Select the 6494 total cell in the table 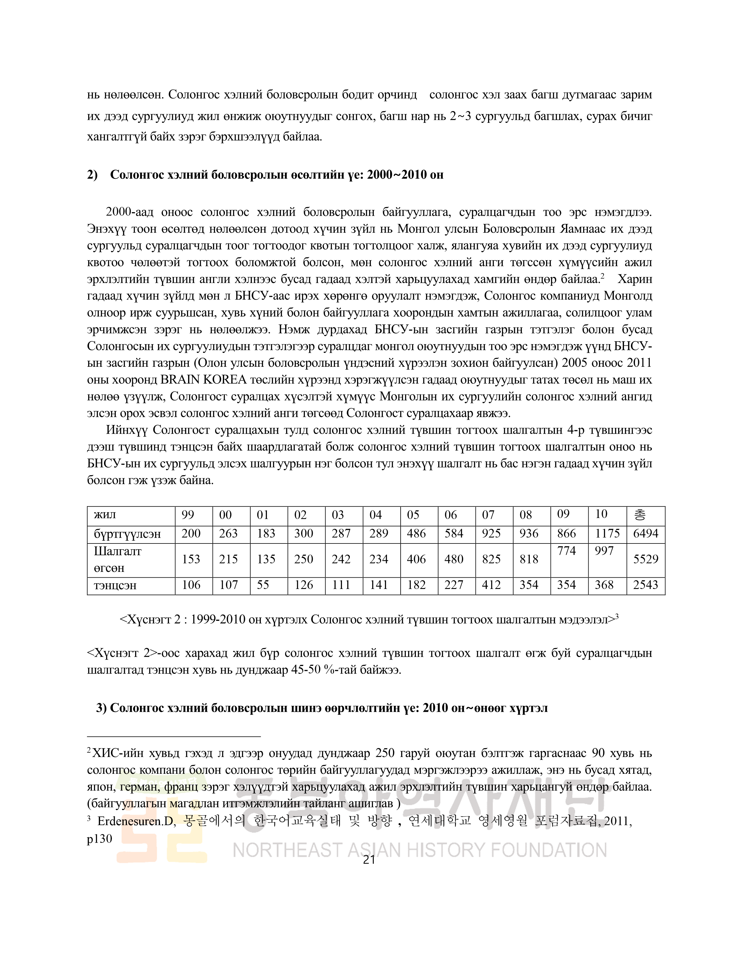646,534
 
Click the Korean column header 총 640,515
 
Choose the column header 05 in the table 413,515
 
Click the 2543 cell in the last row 646,585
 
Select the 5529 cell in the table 646,559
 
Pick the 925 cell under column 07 491,534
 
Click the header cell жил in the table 105,515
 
